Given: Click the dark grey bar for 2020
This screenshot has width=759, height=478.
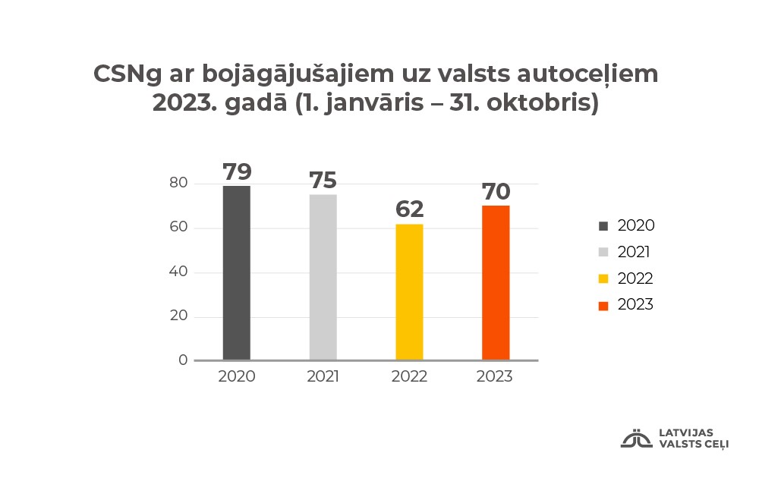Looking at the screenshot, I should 236,273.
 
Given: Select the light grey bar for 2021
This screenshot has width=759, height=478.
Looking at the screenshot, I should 323,278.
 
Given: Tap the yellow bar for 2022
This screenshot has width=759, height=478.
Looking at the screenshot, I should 409,292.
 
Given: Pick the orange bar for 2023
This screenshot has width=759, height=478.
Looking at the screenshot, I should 496,283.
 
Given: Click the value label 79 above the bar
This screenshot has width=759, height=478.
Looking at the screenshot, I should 237,171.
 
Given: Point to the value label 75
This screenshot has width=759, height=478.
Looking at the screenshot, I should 323,181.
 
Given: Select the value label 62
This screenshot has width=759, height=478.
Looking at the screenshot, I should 409,209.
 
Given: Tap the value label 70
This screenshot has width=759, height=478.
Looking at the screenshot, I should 496,190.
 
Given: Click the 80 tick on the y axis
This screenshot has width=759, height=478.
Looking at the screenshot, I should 178,184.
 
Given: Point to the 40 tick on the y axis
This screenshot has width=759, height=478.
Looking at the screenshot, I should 178,272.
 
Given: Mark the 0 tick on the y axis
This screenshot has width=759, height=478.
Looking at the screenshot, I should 183,360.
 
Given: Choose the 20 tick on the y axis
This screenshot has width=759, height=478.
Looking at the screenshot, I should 178,316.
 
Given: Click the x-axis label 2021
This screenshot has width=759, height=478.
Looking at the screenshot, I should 323,377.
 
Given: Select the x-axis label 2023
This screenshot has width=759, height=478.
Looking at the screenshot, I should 495,377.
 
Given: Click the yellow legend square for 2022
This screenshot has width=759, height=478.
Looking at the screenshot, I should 603,278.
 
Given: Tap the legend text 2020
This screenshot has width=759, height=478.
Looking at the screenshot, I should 635,225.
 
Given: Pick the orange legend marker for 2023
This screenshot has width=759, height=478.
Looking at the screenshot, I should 603,305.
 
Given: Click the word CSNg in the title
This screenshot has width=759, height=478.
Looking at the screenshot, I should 126,74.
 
